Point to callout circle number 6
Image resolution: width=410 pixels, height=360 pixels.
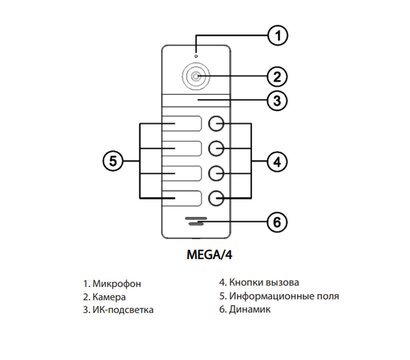point(280,221)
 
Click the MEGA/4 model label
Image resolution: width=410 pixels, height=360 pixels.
point(197,253)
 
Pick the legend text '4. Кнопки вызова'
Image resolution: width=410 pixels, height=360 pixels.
point(258,283)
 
